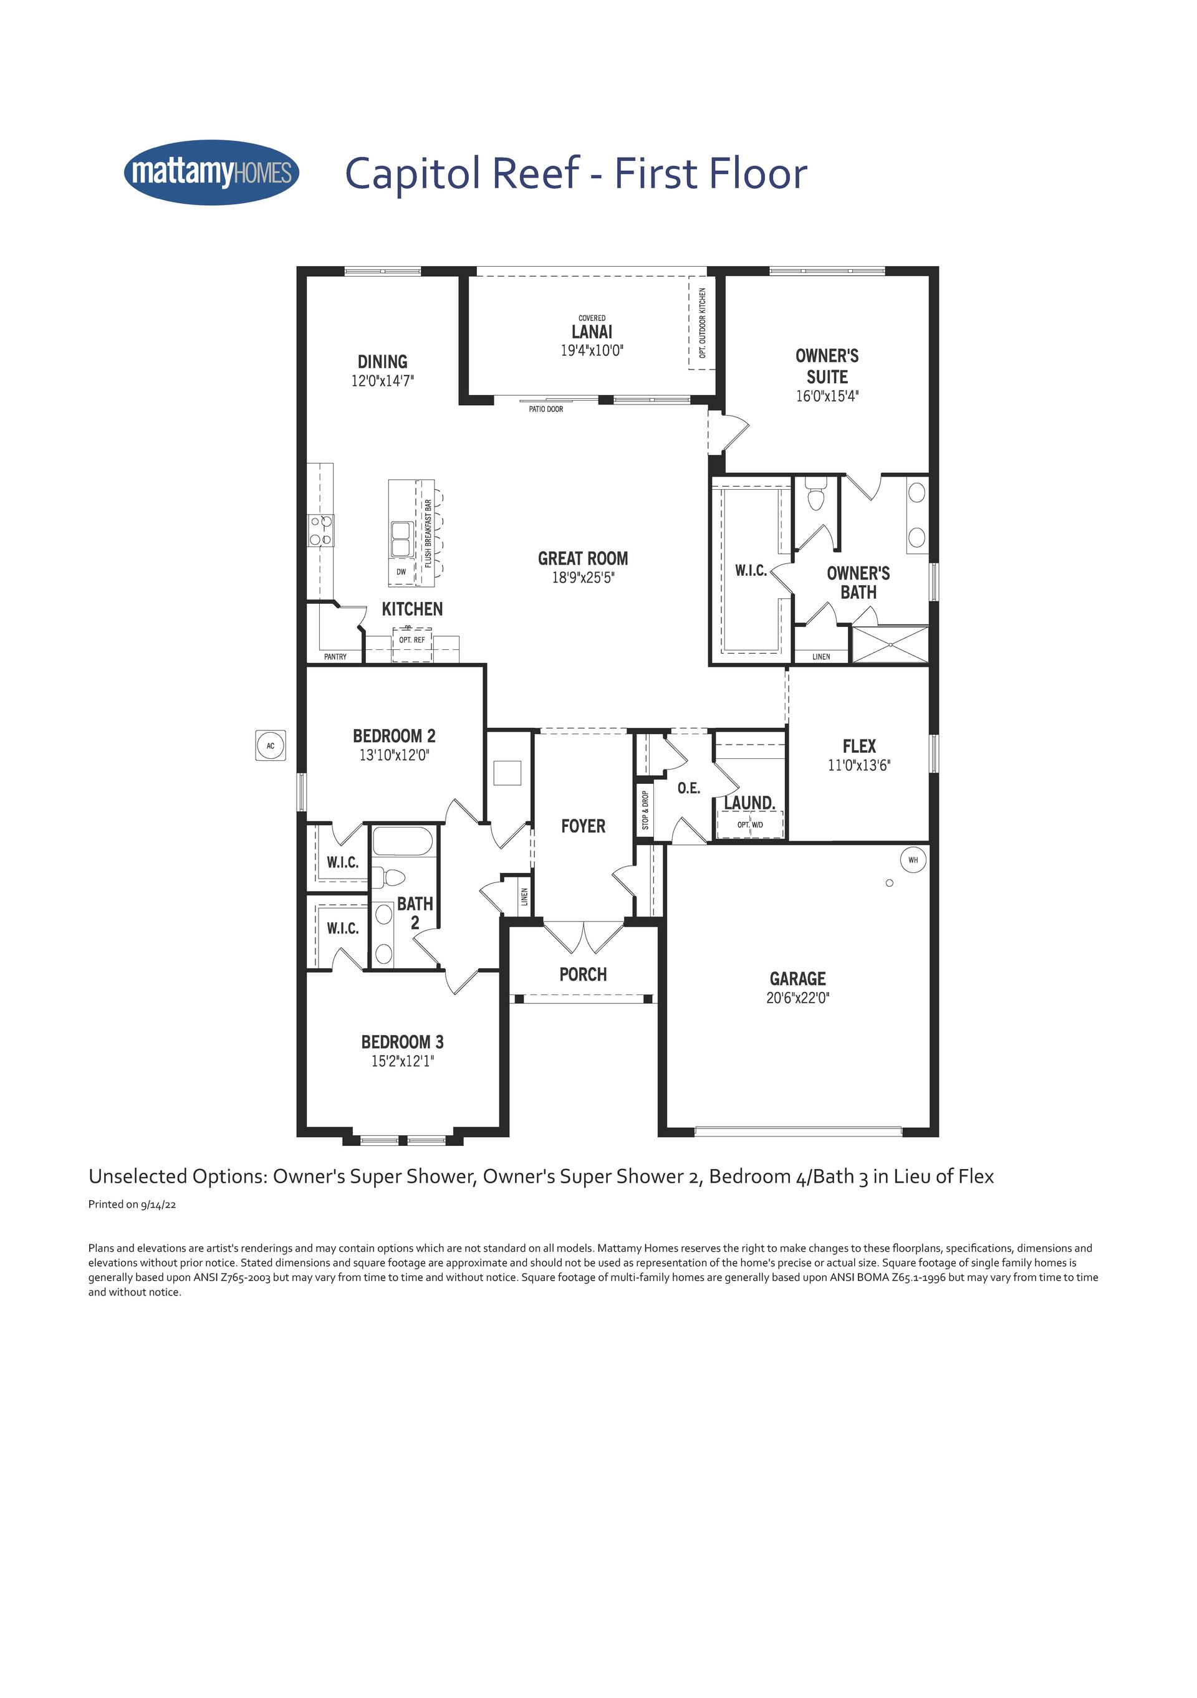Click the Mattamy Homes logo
pyautogui.click(x=211, y=173)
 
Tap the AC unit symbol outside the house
pyautogui.click(x=270, y=745)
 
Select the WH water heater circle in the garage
pyautogui.click(x=913, y=859)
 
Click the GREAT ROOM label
pyautogui.click(x=583, y=558)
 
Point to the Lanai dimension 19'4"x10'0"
pyautogui.click(x=592, y=351)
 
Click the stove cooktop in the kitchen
pyautogui.click(x=321, y=530)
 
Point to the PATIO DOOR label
pyautogui.click(x=546, y=409)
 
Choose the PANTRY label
pyautogui.click(x=335, y=657)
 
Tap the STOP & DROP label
pyautogui.click(x=645, y=810)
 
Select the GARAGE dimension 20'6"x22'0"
pyautogui.click(x=797, y=998)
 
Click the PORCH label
pyautogui.click(x=583, y=975)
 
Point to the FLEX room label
pyautogui.click(x=859, y=746)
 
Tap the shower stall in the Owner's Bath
pyautogui.click(x=890, y=644)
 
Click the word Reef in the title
pyautogui.click(x=535, y=173)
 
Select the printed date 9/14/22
pyautogui.click(x=158, y=1204)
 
